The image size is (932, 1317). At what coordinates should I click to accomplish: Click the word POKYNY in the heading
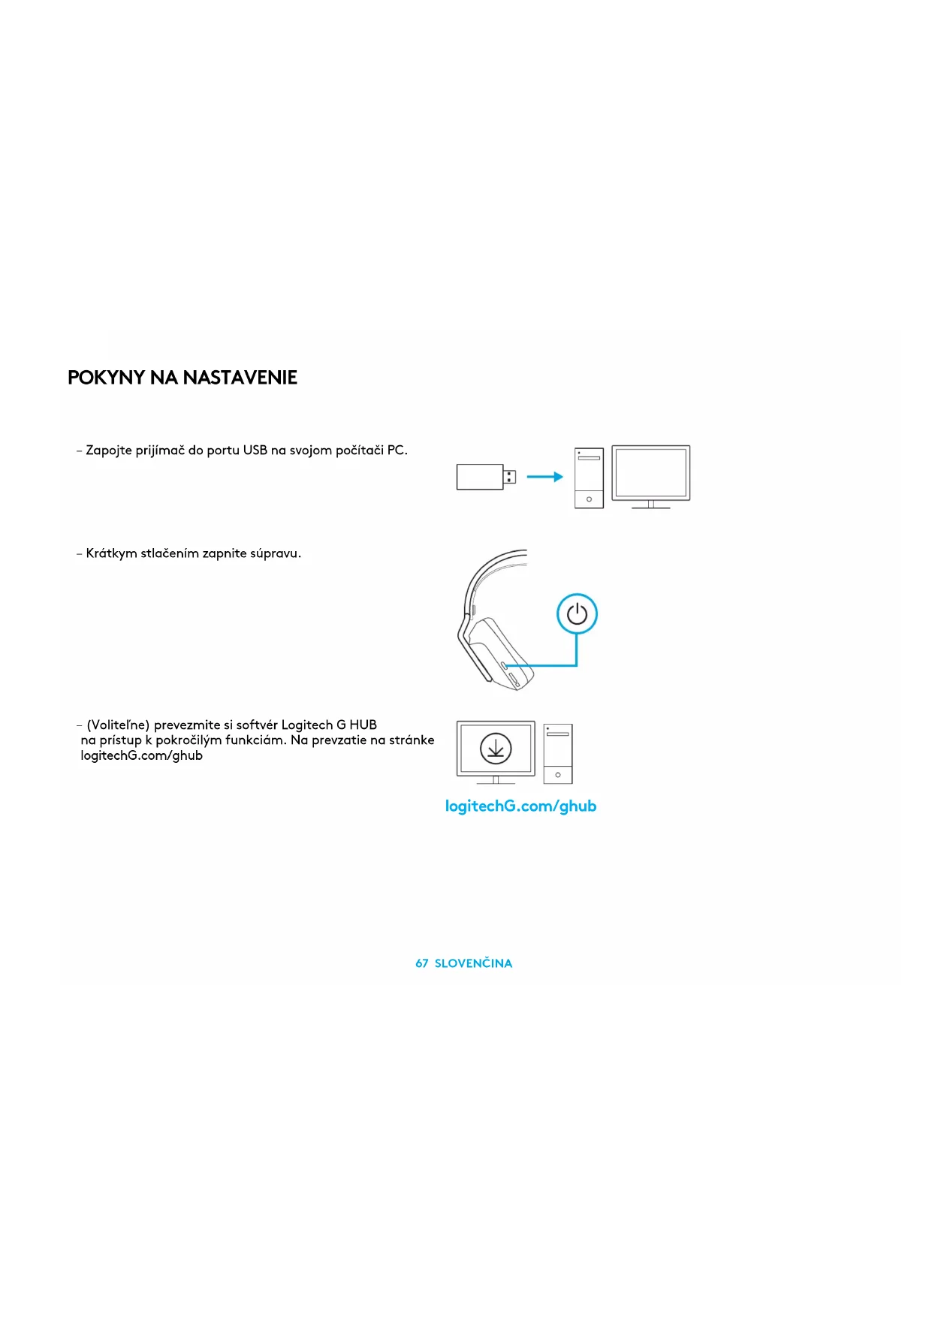(x=106, y=378)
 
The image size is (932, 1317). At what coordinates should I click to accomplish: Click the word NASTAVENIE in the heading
(x=240, y=378)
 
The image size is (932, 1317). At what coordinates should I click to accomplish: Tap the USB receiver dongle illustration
(x=481, y=477)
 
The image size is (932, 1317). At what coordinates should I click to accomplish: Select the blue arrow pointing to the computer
(x=544, y=477)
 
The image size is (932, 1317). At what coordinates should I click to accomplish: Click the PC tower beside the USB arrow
(x=589, y=478)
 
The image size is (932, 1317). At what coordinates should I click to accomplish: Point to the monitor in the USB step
(x=650, y=474)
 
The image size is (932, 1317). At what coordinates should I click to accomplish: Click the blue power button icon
(x=577, y=614)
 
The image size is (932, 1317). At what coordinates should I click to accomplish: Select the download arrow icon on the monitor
(x=496, y=749)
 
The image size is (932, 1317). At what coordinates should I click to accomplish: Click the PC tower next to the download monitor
(x=558, y=754)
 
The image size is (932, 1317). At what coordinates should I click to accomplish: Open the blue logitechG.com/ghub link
(x=520, y=806)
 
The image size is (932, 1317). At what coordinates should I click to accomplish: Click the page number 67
(x=422, y=963)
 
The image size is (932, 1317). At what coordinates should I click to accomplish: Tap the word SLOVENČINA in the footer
(x=473, y=963)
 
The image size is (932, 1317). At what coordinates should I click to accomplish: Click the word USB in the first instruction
(x=255, y=451)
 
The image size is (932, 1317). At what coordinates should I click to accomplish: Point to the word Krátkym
(x=111, y=553)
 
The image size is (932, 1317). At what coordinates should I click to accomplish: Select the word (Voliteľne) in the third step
(x=118, y=725)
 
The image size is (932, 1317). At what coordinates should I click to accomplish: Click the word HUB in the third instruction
(x=363, y=725)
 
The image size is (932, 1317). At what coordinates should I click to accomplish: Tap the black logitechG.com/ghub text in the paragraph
(x=141, y=756)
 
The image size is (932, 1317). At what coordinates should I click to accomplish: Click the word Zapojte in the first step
(x=109, y=451)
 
